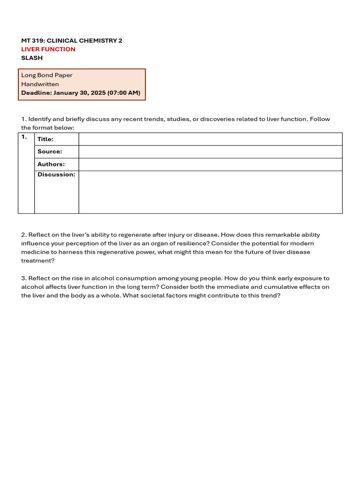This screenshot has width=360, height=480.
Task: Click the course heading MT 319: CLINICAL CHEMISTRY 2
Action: pyautogui.click(x=72, y=41)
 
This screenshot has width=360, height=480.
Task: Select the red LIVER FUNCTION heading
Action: pyautogui.click(x=48, y=49)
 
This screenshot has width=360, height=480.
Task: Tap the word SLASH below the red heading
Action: pyautogui.click(x=32, y=58)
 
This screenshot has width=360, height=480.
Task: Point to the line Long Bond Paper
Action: pyautogui.click(x=47, y=75)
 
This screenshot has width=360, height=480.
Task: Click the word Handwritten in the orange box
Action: pyautogui.click(x=40, y=84)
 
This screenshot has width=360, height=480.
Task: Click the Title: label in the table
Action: pyautogui.click(x=45, y=139)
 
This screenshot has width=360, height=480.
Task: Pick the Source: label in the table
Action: pyautogui.click(x=50, y=152)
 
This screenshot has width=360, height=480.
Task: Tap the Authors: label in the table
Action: pyautogui.click(x=51, y=165)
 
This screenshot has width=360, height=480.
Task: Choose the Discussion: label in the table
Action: pyautogui.click(x=56, y=175)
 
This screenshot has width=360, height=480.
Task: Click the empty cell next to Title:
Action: pyautogui.click(x=210, y=139)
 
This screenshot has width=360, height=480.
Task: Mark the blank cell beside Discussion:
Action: pyautogui.click(x=210, y=192)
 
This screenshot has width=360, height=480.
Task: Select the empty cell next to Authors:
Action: pyautogui.click(x=210, y=165)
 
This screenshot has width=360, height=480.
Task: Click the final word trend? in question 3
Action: pyautogui.click(x=270, y=296)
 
